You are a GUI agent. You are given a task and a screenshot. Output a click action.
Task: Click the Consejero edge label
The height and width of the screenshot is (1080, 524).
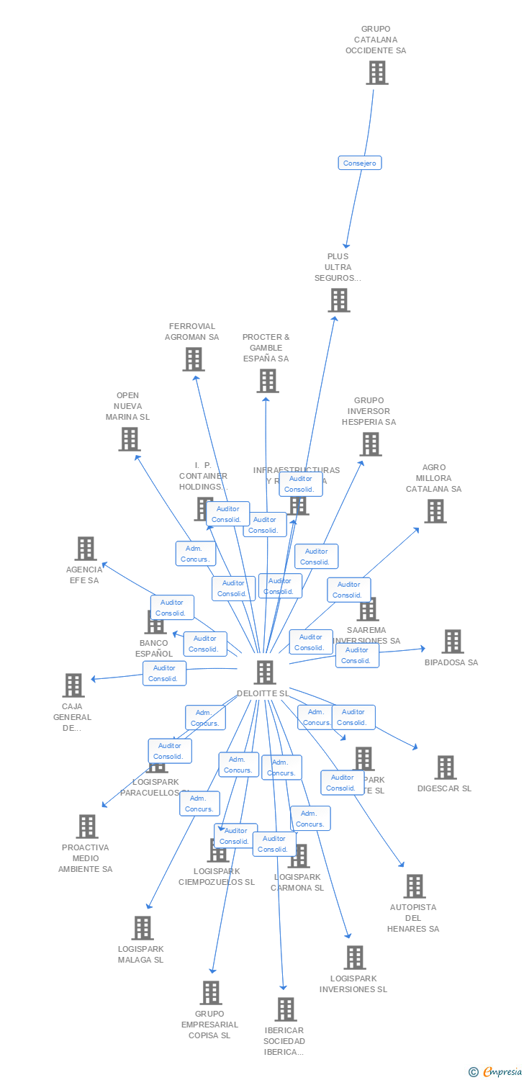click(x=360, y=163)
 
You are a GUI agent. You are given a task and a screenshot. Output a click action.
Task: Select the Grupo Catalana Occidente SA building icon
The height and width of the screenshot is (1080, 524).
click(x=376, y=73)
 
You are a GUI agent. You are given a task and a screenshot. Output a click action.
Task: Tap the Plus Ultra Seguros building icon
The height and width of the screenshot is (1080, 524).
click(x=338, y=300)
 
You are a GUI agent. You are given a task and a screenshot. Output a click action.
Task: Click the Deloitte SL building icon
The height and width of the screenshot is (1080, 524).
click(x=265, y=672)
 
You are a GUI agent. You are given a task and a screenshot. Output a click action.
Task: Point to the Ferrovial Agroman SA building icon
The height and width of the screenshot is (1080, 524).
click(x=193, y=359)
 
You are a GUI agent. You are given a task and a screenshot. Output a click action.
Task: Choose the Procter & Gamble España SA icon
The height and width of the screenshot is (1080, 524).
click(x=267, y=380)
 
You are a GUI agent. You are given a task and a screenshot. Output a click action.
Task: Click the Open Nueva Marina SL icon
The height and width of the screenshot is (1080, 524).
click(x=129, y=438)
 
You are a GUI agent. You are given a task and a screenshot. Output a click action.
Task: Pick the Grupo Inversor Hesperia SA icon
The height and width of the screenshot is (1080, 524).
click(x=370, y=444)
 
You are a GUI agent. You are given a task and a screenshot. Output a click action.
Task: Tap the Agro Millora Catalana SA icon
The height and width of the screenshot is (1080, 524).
click(x=435, y=510)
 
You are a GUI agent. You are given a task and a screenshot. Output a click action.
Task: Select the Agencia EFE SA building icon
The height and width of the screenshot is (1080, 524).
click(x=86, y=549)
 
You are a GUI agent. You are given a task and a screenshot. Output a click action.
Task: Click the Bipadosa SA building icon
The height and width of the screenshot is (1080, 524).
click(x=452, y=641)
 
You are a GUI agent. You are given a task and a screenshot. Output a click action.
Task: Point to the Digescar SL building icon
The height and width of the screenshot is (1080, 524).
click(x=445, y=768)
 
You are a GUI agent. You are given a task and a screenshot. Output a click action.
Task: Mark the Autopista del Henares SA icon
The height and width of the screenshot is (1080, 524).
click(x=414, y=886)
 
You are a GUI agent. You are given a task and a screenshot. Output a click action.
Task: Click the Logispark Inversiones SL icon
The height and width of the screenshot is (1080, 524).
click(x=354, y=957)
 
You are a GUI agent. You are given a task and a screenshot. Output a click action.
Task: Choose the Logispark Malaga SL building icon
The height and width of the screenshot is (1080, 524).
click(x=143, y=927)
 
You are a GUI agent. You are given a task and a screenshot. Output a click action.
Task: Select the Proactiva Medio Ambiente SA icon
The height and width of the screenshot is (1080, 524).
click(x=87, y=826)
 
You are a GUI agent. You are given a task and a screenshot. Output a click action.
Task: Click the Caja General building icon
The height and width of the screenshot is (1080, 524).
click(x=73, y=685)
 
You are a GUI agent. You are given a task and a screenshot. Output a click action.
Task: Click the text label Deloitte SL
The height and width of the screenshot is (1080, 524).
click(x=263, y=693)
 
